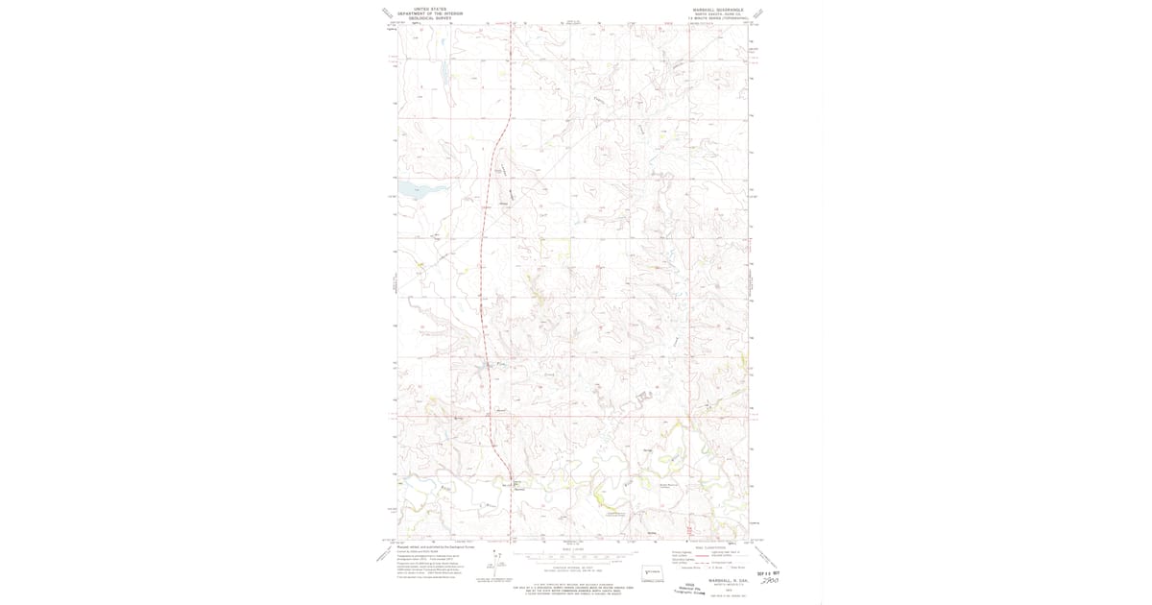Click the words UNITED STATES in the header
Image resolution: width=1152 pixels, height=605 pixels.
pyautogui.click(x=429, y=9)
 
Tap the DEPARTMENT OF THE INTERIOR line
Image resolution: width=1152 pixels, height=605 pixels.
pyautogui.click(x=429, y=13)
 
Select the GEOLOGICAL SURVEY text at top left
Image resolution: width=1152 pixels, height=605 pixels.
pyautogui.click(x=429, y=18)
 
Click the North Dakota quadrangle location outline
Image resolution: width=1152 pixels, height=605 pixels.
pyautogui.click(x=653, y=572)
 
